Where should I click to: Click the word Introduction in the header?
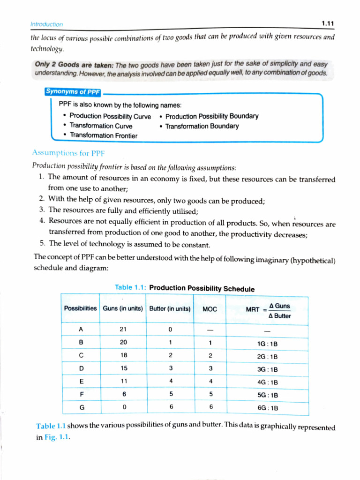(46, 24)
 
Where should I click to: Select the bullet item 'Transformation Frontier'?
(104, 135)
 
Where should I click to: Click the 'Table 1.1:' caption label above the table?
(131, 287)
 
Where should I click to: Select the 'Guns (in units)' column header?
(123, 308)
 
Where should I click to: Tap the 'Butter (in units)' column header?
(170, 308)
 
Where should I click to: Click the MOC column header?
(210, 309)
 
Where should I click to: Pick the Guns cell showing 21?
(123, 330)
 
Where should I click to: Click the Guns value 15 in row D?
(123, 369)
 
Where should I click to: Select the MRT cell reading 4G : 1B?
(268, 382)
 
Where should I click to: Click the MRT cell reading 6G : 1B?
(268, 408)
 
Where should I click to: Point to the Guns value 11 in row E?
(123, 382)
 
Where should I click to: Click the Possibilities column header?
(81, 308)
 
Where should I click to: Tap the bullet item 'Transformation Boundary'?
(202, 126)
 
